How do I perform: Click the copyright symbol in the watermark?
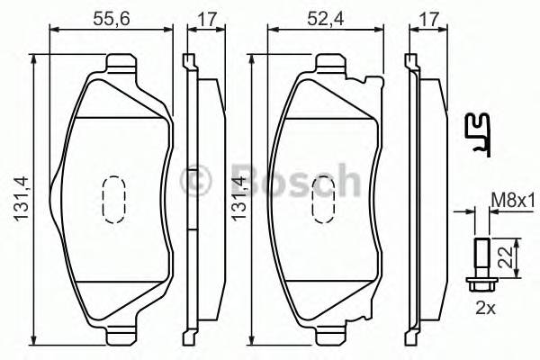click(196, 180)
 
